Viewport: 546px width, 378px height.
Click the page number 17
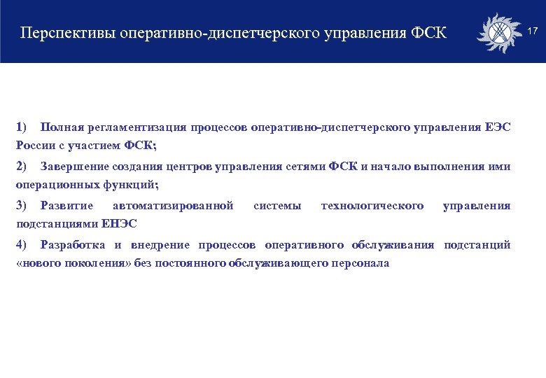532,31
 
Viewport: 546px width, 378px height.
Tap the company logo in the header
498,33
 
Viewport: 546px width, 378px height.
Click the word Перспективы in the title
69,33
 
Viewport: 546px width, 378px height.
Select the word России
32,146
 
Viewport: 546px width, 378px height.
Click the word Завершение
73,167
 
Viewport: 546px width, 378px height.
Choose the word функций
132,185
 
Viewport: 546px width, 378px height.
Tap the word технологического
372,206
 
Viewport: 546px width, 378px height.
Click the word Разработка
73,245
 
